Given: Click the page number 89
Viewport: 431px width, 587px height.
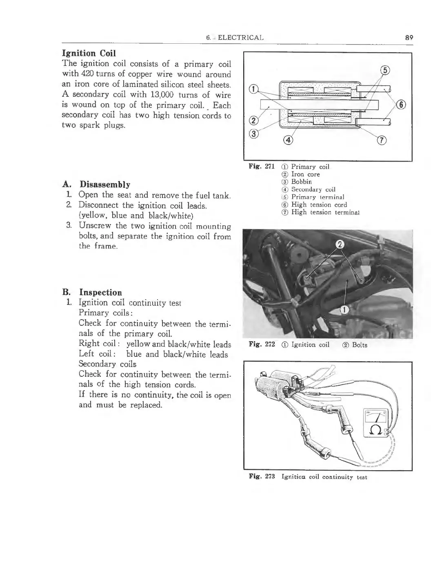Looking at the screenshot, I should (410, 37).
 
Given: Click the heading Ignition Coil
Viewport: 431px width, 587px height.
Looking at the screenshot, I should (89, 53).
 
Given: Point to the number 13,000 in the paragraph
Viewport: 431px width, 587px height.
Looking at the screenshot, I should (163, 95).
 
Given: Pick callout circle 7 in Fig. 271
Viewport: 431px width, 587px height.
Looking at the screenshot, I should (382, 141).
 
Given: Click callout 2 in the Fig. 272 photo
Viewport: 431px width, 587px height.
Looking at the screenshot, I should (339, 245).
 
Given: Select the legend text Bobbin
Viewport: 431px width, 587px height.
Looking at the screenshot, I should (301, 182).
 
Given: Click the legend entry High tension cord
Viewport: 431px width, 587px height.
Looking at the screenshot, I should (319, 205).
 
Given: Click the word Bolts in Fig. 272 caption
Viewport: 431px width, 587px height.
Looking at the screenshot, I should (360, 345).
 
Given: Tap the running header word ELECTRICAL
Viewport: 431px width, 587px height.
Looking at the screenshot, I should (241, 38).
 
